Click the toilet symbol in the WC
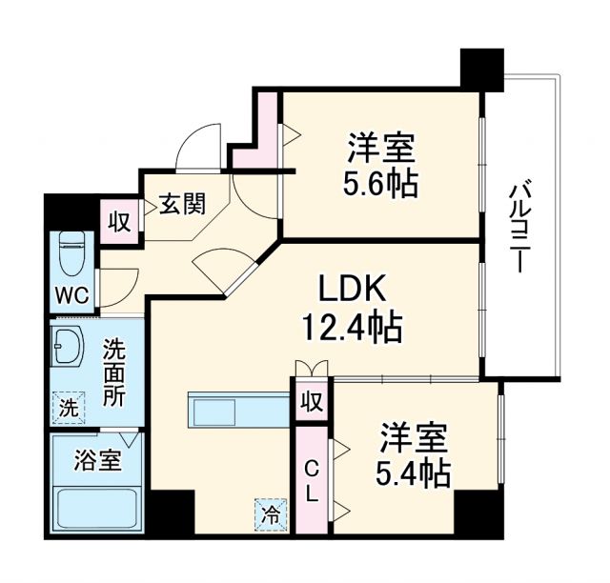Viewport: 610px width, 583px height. (x=71, y=253)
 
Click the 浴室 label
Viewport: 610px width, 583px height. (x=97, y=460)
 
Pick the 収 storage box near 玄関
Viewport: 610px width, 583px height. (x=120, y=221)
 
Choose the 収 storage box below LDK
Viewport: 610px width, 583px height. (x=311, y=400)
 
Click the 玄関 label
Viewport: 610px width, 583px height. (x=181, y=204)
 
